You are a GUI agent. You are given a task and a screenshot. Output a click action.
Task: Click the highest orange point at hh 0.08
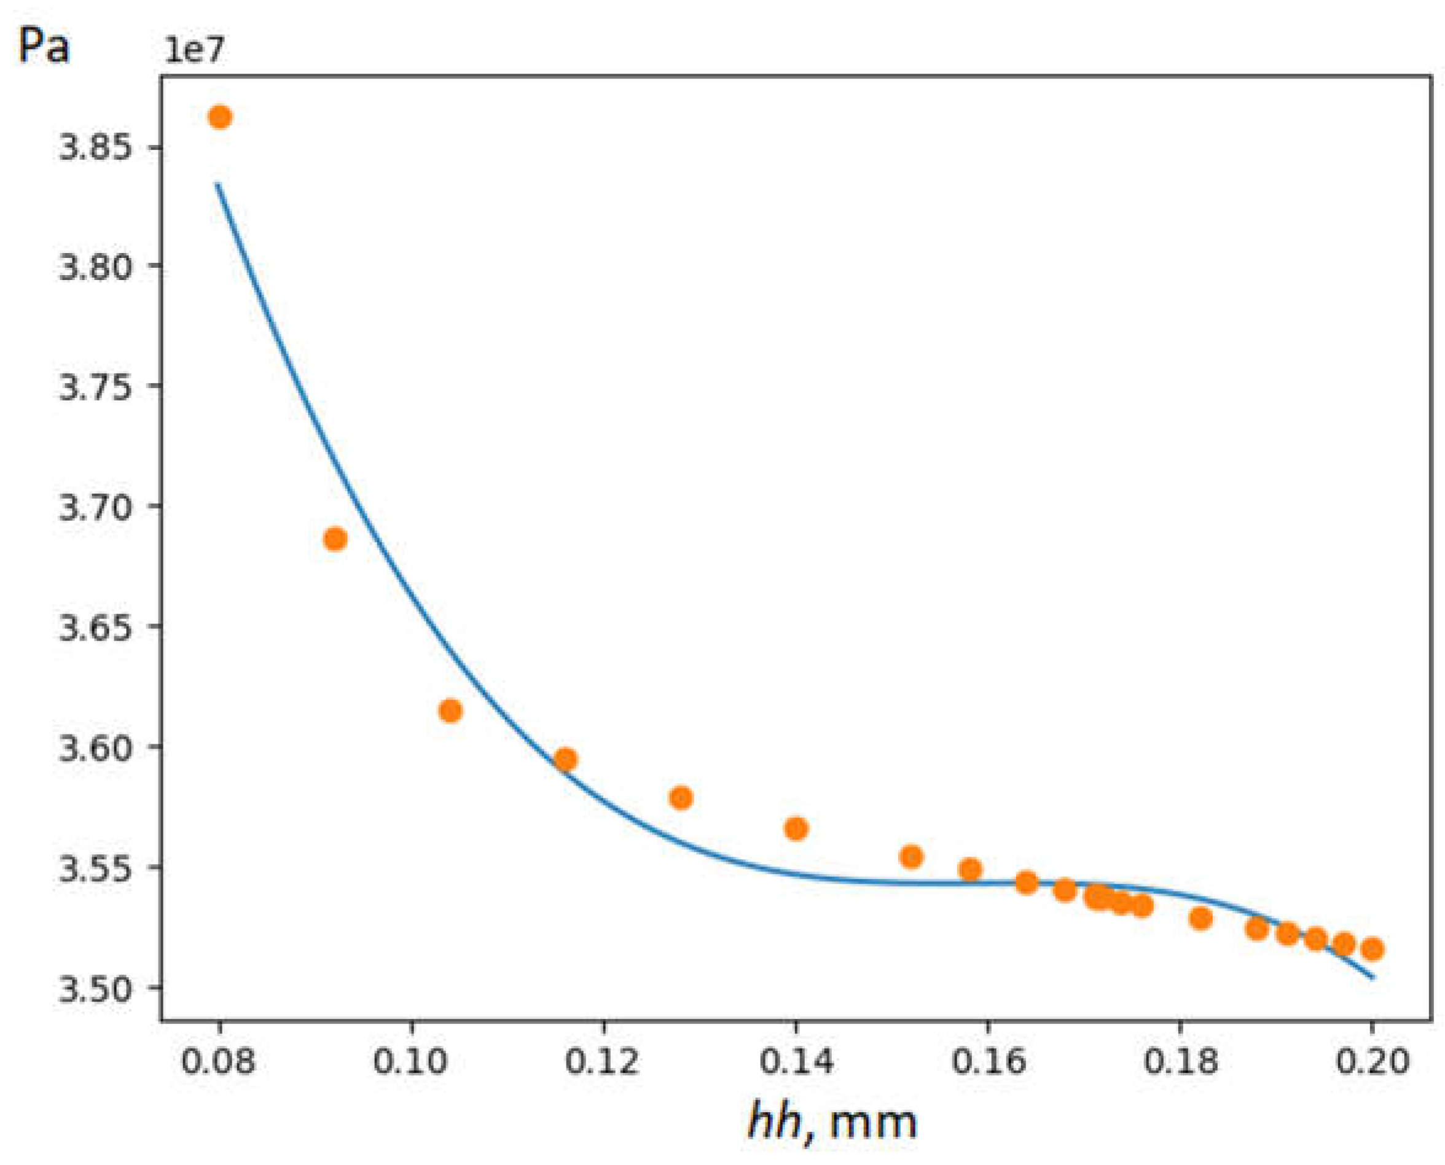point(219,117)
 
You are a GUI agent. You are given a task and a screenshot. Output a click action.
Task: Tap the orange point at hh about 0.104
point(450,711)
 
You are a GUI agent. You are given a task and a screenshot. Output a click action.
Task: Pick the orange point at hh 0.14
point(796,829)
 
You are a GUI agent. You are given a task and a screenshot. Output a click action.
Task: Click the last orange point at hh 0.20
point(1372,949)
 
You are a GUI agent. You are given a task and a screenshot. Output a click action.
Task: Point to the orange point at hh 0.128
point(681,798)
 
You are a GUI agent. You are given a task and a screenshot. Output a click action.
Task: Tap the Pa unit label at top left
point(43,47)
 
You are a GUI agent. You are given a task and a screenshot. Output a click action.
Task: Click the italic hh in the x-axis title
point(774,1122)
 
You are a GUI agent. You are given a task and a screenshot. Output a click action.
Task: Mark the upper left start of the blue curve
point(217,184)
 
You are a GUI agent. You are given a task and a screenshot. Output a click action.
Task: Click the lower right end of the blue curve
point(1373,977)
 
